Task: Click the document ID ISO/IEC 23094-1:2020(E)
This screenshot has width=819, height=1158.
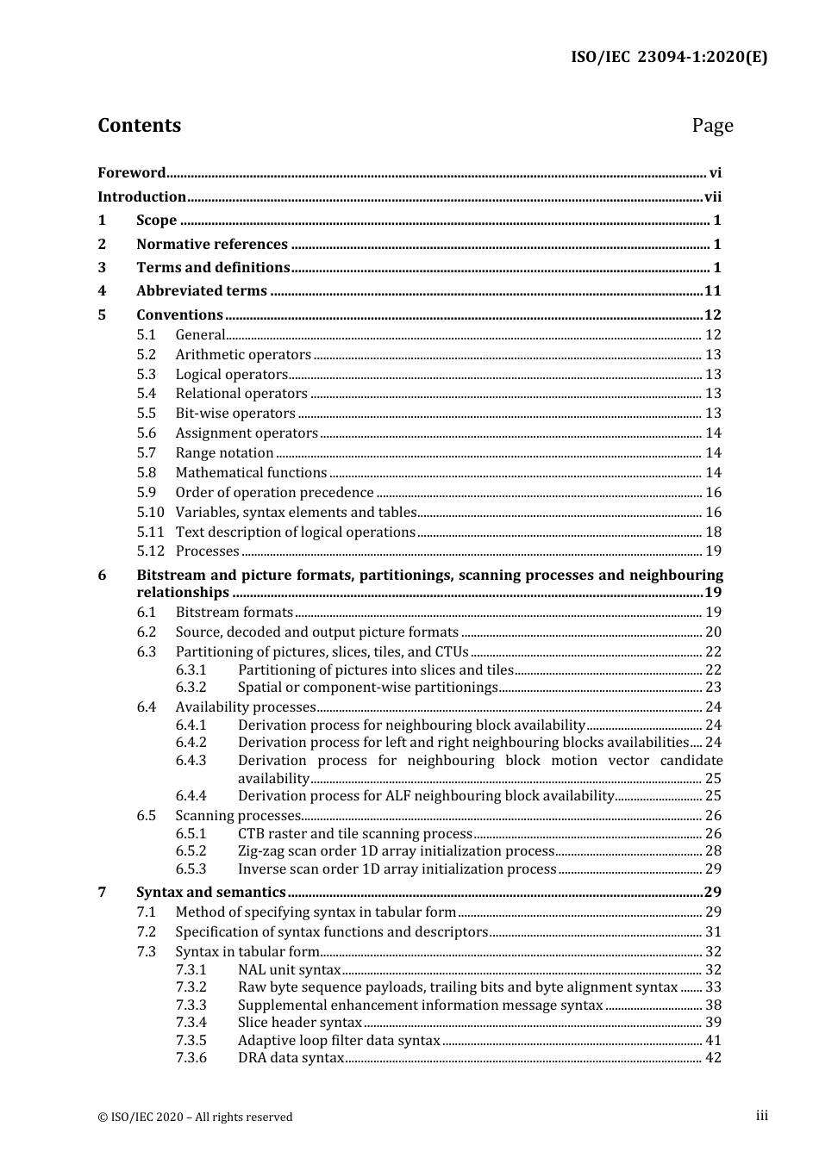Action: coord(668,58)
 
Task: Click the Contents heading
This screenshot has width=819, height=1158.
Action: coord(139,126)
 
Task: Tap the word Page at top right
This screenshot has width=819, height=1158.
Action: coord(712,126)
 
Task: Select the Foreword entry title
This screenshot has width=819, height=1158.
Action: coord(131,173)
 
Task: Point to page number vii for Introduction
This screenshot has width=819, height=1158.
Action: coord(713,197)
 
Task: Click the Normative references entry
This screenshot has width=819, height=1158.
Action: coord(211,245)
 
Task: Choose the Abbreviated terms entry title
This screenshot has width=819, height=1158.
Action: coord(202,291)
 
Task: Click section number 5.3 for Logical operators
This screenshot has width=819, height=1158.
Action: coord(147,375)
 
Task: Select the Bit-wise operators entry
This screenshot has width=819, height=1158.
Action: coord(235,414)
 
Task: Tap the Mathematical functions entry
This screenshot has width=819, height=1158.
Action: coord(251,473)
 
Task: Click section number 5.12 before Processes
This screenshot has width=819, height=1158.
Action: coord(150,551)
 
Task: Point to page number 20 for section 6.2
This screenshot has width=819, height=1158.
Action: coord(713,632)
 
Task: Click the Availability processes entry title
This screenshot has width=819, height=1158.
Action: coord(246,707)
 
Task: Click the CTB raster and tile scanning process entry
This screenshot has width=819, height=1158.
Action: coord(355,834)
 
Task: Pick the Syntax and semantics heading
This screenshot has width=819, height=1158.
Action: coord(210,893)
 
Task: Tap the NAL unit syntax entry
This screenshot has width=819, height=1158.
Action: coord(290,970)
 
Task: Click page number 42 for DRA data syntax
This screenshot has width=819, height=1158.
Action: coord(713,1058)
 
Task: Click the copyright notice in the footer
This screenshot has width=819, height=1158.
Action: coord(195,1118)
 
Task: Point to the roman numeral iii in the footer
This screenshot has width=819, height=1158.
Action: coord(761,1116)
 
